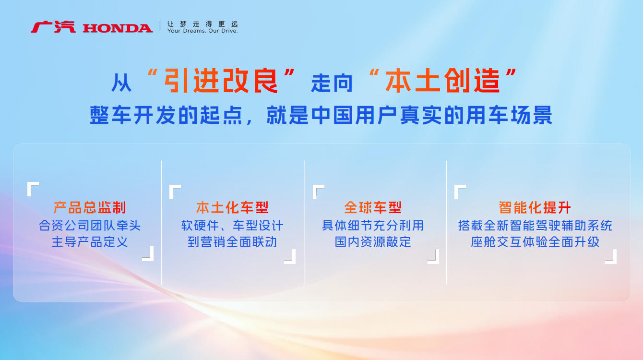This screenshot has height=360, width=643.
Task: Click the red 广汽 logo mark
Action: (x=53, y=27)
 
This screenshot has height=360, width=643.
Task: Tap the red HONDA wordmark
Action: (x=118, y=28)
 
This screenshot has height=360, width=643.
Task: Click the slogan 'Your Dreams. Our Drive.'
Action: (x=202, y=31)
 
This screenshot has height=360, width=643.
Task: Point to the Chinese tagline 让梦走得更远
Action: (x=202, y=24)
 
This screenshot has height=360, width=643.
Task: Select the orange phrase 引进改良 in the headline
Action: (x=221, y=81)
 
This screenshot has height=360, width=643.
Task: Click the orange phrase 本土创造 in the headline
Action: (x=442, y=81)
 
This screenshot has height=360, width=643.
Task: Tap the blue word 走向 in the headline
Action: (x=332, y=83)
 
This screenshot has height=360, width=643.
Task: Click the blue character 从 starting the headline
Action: (x=121, y=83)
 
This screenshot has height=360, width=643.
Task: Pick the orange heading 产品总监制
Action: (x=90, y=207)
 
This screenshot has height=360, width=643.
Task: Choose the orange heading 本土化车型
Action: (x=232, y=207)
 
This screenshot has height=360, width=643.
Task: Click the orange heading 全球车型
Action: (x=373, y=207)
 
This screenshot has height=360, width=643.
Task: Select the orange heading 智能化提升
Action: (x=535, y=207)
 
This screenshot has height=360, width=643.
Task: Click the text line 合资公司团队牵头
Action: (x=90, y=225)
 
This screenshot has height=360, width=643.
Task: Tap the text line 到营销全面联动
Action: (x=232, y=242)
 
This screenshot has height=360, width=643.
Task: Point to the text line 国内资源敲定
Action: (x=373, y=242)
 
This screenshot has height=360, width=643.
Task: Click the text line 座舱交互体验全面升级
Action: (x=535, y=242)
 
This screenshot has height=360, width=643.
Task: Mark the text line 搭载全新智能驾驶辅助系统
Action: (x=535, y=225)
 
